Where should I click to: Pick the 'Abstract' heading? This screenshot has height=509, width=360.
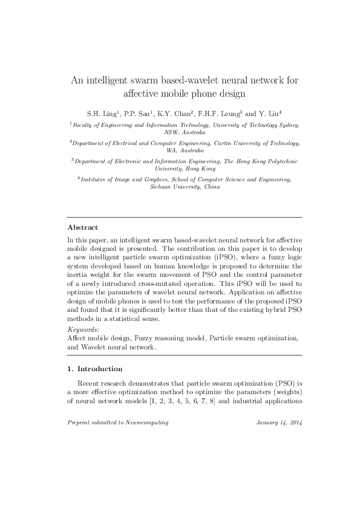coord(82,227)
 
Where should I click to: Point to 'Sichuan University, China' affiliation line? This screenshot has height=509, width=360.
coord(185,187)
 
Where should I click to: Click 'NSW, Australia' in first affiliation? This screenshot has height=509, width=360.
coord(185,132)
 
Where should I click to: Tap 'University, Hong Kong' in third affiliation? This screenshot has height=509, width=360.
coord(185,169)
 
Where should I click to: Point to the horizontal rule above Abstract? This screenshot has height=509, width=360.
coord(184,216)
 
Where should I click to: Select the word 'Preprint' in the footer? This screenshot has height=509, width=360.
coord(79,423)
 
